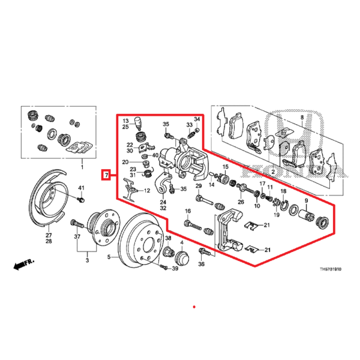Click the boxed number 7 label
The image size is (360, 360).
[x=106, y=176]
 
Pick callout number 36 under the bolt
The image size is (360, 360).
[x=202, y=264]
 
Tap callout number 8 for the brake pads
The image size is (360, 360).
[x=302, y=118]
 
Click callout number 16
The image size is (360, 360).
[x=187, y=211]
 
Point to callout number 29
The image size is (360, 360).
[x=199, y=187]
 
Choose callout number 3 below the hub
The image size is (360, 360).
[x=88, y=262]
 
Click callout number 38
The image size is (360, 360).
[x=169, y=238]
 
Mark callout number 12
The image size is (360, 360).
[x=147, y=191]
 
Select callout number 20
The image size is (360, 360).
[x=125, y=162]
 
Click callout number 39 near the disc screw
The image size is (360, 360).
[x=175, y=268]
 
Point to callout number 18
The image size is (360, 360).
[x=283, y=191]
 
